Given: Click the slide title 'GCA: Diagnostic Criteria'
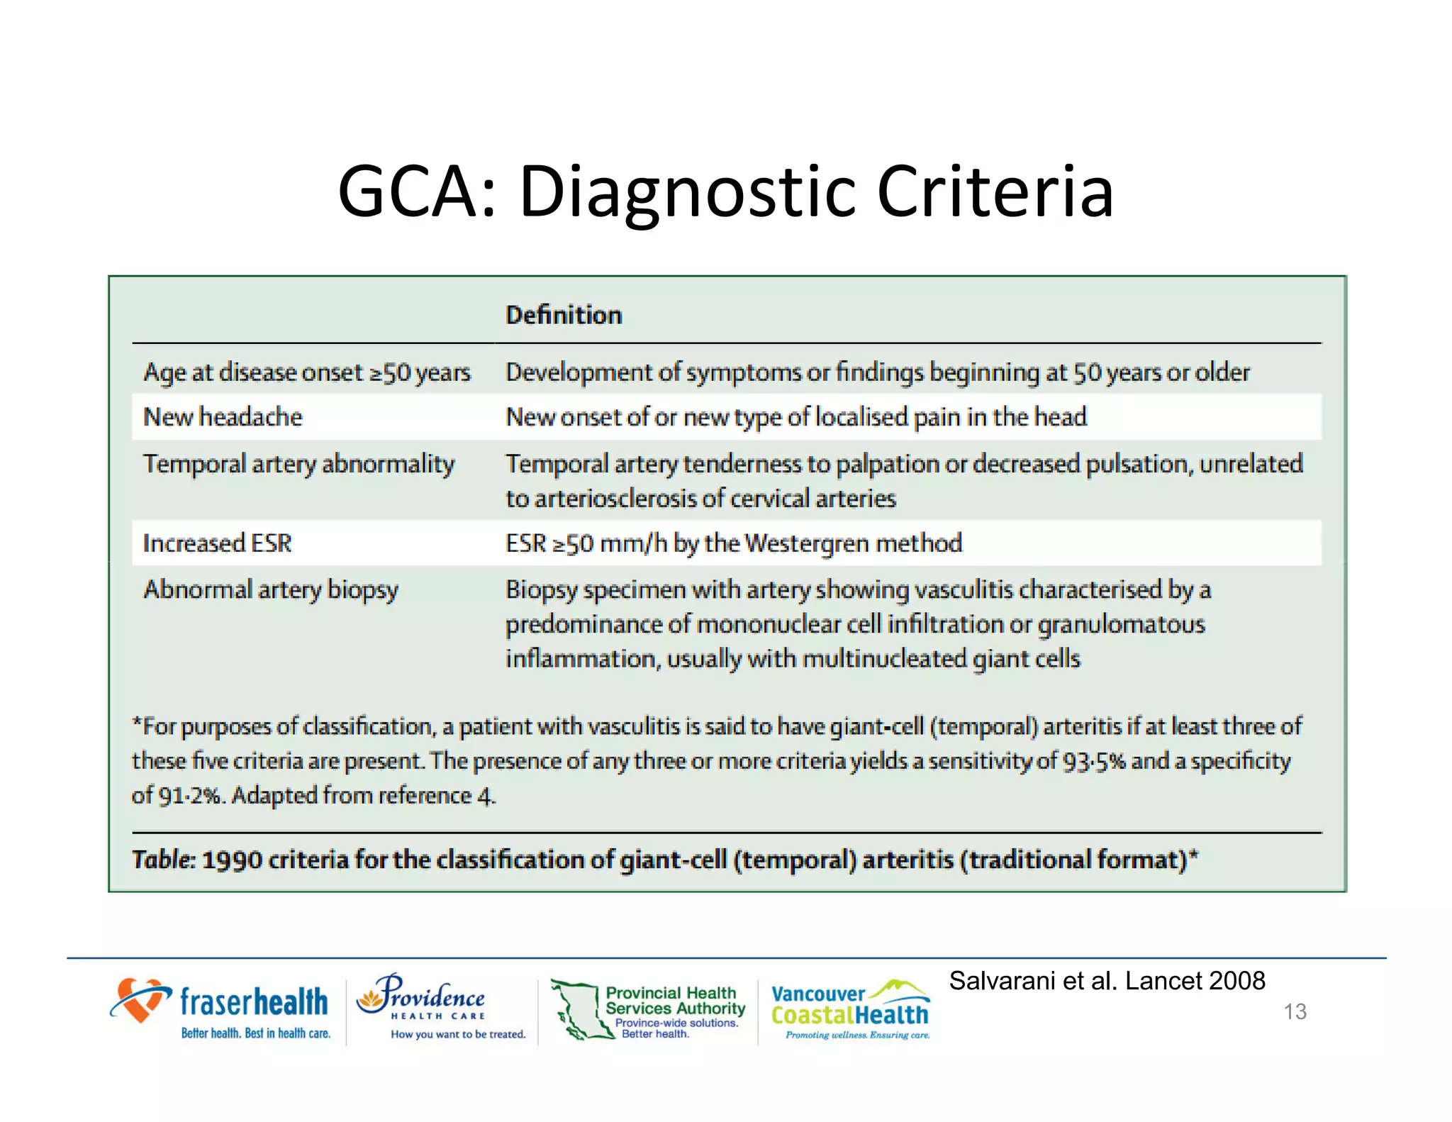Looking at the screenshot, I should (x=725, y=191).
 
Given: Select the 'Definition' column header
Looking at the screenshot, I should (x=564, y=315).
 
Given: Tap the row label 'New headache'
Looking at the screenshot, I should (x=223, y=417).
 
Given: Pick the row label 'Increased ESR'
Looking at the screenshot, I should (x=217, y=543).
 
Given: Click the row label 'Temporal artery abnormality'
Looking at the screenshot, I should (x=298, y=465).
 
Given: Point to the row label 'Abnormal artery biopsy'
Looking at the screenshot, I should (x=271, y=590).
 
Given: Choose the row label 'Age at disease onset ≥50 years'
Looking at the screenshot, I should (x=307, y=373).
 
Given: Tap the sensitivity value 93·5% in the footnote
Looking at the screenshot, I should (x=1093, y=761).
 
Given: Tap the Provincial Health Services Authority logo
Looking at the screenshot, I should (x=649, y=1010).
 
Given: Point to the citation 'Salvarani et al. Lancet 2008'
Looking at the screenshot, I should (x=1107, y=981).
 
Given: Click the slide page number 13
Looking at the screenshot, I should (x=1295, y=1011).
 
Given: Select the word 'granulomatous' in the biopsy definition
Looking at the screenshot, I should (x=1121, y=625).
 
